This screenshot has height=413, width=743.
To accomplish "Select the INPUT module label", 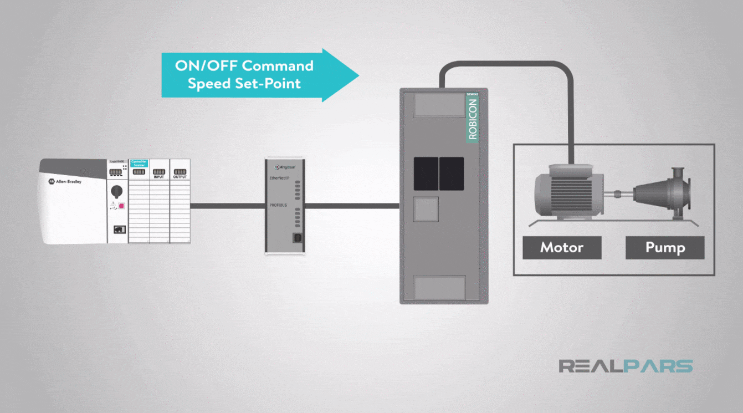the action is click(x=159, y=177).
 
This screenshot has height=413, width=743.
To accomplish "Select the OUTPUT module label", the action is click(x=180, y=177).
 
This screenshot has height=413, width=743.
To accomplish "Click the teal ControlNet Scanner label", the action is click(x=139, y=164).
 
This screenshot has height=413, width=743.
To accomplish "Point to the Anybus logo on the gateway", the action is click(x=285, y=166).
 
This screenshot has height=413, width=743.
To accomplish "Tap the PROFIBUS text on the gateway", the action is click(x=278, y=205).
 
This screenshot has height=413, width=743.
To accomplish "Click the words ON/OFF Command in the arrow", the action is click(x=244, y=66).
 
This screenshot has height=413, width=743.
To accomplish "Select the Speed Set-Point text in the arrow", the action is click(x=244, y=84).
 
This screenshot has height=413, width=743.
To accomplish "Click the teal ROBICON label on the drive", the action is click(x=473, y=118).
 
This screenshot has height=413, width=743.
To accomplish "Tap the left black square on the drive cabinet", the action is click(x=426, y=174).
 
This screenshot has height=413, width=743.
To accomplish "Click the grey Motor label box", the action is click(x=562, y=247).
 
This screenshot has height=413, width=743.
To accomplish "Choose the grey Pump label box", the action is click(x=665, y=247).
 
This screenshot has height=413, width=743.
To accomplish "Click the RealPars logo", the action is click(x=626, y=366).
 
